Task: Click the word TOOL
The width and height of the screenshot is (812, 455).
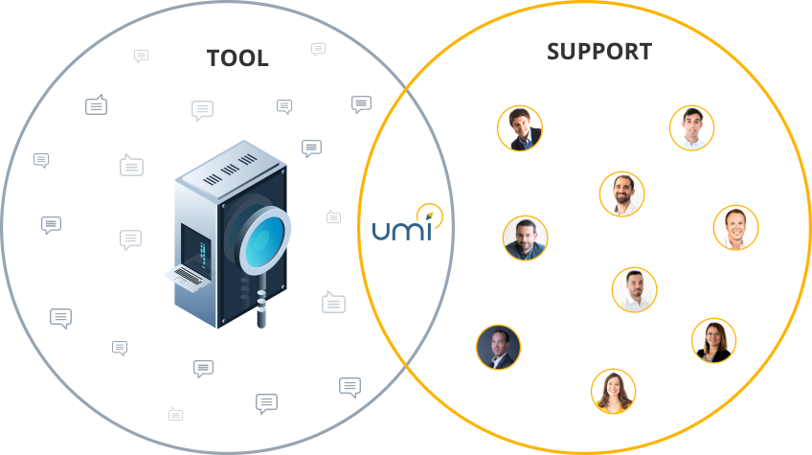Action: point(237,58)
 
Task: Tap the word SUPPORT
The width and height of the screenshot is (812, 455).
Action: point(599,52)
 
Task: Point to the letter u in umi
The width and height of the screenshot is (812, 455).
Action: point(381,230)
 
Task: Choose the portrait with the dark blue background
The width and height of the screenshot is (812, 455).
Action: point(499,347)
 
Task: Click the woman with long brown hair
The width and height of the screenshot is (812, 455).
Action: point(614,391)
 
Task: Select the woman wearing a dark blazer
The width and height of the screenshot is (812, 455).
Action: point(713,341)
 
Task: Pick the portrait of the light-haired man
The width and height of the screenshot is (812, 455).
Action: point(736,228)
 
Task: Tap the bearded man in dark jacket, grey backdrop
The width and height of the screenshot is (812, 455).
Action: point(525,238)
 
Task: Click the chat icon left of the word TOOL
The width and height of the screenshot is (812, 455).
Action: point(142,57)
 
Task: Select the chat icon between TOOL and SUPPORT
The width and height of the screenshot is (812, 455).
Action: point(319,49)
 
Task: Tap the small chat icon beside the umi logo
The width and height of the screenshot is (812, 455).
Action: point(333,217)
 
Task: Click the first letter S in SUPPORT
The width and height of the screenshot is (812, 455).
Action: point(554,52)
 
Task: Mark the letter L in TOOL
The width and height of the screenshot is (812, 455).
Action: point(261,58)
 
